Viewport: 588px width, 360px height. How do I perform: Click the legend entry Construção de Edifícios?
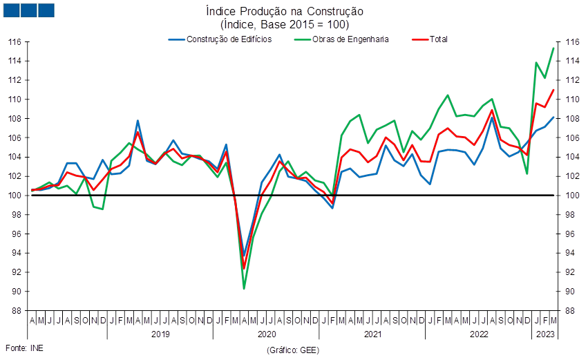[220, 39]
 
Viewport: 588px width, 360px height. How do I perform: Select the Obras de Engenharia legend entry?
[341, 39]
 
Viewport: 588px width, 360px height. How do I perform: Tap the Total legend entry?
[430, 39]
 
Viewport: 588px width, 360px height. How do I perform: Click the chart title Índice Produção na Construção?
[285, 11]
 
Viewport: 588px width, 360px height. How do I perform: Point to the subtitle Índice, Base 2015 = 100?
[285, 25]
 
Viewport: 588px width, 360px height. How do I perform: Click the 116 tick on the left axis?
[15, 42]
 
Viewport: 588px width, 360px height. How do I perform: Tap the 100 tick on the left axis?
[15, 196]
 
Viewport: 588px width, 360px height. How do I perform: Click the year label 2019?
[160, 334]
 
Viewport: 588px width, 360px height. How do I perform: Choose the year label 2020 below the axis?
[267, 334]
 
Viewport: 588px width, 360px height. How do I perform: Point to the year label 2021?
[372, 334]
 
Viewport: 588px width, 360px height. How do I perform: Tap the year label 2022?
[479, 334]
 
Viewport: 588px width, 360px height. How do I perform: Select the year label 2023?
[545, 334]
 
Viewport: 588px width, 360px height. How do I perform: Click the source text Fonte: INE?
[24, 348]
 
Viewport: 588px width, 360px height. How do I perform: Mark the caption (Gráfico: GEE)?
[293, 350]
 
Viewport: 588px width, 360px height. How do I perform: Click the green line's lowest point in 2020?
[244, 288]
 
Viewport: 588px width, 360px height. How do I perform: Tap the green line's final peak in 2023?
[553, 48]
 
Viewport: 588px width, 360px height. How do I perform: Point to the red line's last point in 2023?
[553, 90]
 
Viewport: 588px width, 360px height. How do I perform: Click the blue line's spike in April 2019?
[137, 121]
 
